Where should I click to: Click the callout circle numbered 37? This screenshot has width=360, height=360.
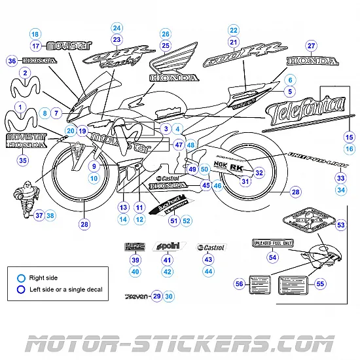(x=39, y=215)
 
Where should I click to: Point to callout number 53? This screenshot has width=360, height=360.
(x=340, y=225)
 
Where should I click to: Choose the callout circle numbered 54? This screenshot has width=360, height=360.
(x=272, y=257)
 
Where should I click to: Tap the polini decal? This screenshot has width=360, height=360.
(x=166, y=247)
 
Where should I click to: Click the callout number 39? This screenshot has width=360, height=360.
(x=135, y=260)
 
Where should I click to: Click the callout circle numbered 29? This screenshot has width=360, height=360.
(x=156, y=296)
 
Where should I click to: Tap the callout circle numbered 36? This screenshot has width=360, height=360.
(x=12, y=61)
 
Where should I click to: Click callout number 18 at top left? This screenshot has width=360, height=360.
(x=35, y=34)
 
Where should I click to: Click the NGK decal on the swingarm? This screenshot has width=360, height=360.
(x=220, y=166)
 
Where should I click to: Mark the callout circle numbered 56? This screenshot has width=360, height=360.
(x=239, y=283)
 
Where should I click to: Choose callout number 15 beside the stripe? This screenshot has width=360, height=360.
(x=349, y=137)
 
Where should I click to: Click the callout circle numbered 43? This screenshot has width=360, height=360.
(x=208, y=260)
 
